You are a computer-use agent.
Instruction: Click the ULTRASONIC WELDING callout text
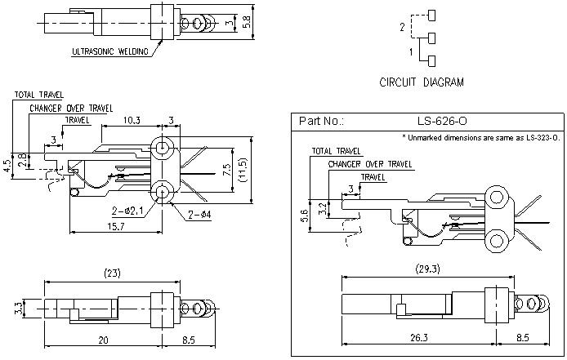[111, 51]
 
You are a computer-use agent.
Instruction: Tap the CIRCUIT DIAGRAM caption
[422, 82]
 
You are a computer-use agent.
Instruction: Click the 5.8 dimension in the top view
[248, 20]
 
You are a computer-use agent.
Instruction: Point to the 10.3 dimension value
[132, 120]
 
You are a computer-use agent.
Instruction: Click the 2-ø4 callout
[201, 215]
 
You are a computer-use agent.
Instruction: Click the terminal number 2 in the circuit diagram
[403, 27]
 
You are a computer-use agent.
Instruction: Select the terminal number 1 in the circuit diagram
[410, 51]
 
